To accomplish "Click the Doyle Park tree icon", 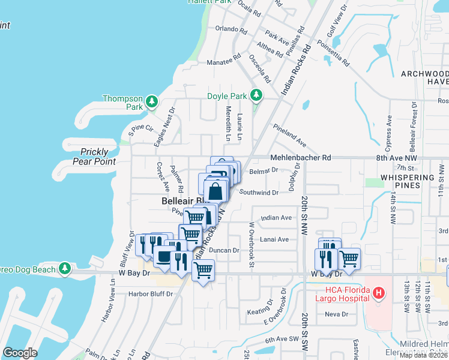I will pyautogui.click(x=256, y=95).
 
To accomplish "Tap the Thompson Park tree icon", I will pyautogui.click(x=152, y=101).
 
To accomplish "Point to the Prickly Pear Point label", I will pyautogui.click(x=94, y=157).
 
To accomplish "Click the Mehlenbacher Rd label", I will pyautogui.click(x=301, y=157).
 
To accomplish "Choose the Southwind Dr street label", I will pyautogui.click(x=259, y=193).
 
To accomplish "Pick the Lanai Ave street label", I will pyautogui.click(x=274, y=239).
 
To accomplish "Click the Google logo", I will pyautogui.click(x=20, y=353).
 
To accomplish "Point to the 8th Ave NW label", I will pyautogui.click(x=396, y=157).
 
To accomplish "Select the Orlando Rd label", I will pyautogui.click(x=231, y=29).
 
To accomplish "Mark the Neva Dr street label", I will pyautogui.click(x=336, y=314).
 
